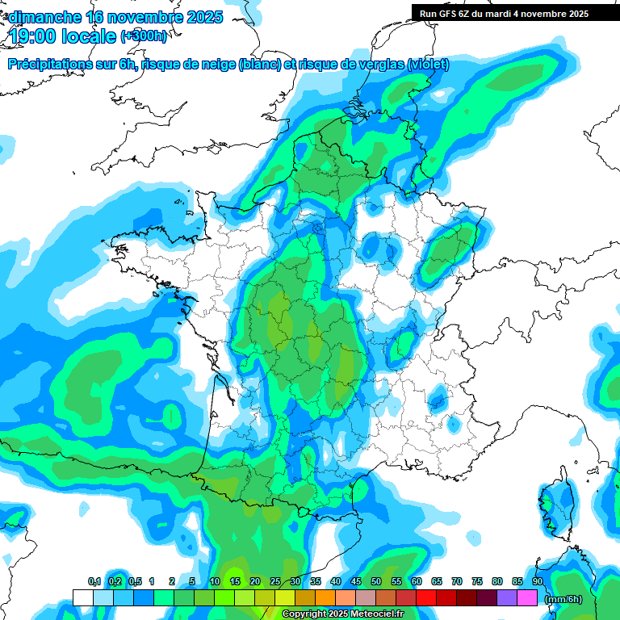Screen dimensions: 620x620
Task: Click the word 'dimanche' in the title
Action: coord(45,16)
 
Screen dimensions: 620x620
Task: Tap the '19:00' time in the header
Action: coord(31,36)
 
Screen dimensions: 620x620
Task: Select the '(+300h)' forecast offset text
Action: coord(144,36)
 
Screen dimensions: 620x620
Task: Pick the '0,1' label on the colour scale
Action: coord(94,582)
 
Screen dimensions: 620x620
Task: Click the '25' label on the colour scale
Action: coord(275,582)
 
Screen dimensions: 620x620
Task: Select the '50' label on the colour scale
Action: coord(376,582)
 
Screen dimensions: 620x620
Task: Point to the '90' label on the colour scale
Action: coord(538,582)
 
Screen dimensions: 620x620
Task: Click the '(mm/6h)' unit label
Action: coord(563,599)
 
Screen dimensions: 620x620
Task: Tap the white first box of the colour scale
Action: coord(82,597)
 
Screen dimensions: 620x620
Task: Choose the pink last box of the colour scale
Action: coord(527,597)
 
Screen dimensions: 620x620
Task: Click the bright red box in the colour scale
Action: coord(426,597)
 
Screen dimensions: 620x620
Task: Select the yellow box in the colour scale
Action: coord(284,597)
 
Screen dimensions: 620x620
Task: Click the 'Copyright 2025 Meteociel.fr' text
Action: coord(342,614)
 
